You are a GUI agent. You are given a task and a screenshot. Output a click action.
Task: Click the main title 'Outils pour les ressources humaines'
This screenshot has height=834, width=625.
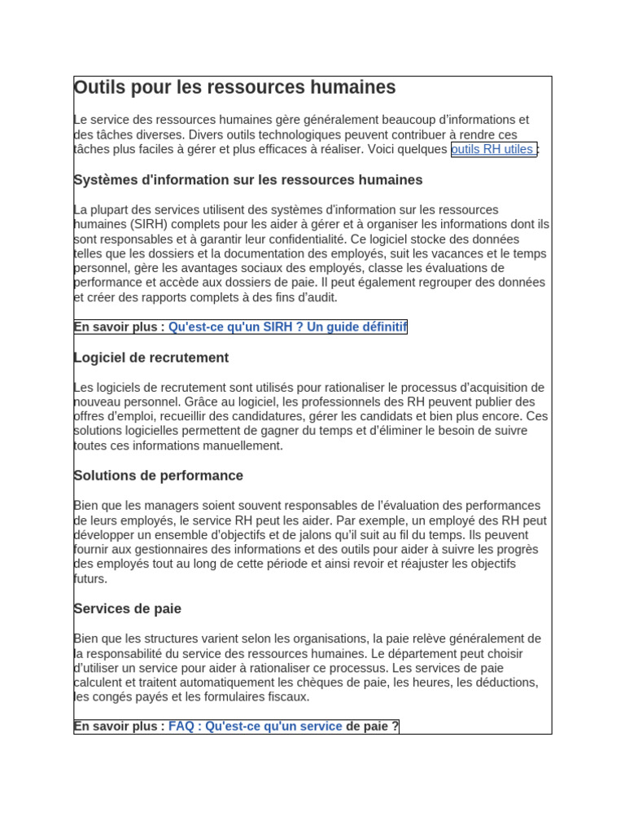tap(234, 87)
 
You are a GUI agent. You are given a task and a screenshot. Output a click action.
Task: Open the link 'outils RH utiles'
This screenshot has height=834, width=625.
tap(492, 150)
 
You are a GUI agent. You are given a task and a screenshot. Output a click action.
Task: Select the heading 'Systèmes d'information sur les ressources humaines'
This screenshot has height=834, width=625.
tap(247, 180)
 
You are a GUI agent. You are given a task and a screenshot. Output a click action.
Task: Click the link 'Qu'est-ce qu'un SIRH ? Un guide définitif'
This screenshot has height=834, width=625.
tap(286, 327)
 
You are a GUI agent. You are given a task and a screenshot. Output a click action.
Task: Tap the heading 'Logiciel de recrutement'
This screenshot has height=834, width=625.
tap(151, 358)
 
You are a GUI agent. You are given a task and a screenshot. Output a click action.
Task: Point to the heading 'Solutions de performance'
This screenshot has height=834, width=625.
tap(158, 476)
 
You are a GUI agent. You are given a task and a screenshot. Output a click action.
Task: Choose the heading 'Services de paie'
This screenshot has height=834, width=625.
tap(127, 609)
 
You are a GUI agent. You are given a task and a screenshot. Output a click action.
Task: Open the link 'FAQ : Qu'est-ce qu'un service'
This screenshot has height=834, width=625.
tap(255, 726)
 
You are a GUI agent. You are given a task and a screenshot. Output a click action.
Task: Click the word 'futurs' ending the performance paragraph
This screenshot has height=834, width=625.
tap(89, 579)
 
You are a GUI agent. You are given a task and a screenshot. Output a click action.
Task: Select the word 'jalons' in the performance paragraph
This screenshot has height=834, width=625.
tap(306, 535)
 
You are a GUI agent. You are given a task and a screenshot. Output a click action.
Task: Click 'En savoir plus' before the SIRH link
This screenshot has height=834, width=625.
tap(119, 327)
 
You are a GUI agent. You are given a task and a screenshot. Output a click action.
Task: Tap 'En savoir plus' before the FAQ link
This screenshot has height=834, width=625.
tap(119, 726)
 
